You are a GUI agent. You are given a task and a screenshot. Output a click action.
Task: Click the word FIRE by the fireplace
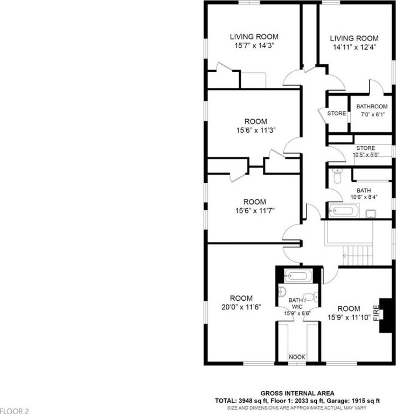[x=376, y=313]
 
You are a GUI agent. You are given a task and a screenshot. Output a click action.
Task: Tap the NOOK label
[x=297, y=357]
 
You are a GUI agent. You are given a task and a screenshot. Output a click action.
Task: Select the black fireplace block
[x=385, y=315]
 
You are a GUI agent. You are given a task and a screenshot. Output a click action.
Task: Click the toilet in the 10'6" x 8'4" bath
[x=337, y=176]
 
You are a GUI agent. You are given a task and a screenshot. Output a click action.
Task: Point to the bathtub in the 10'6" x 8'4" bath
[x=344, y=211]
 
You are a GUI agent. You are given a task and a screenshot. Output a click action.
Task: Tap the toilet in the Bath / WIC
[x=311, y=297]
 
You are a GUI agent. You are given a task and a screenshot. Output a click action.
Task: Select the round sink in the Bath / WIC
[x=282, y=292]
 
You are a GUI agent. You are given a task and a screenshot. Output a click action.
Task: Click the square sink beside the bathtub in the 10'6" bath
[x=371, y=213]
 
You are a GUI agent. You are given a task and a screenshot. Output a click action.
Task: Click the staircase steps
[x=358, y=256]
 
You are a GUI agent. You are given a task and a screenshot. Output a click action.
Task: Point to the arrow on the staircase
[x=345, y=256]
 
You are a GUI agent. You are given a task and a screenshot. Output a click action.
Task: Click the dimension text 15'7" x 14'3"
[x=254, y=46]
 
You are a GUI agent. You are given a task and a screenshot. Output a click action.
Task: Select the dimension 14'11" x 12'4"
[x=355, y=47]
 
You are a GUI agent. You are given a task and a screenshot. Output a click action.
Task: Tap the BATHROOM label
[x=372, y=106]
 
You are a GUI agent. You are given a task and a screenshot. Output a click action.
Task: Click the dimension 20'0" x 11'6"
[x=241, y=307]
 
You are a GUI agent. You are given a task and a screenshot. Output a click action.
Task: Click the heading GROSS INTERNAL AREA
[x=297, y=394]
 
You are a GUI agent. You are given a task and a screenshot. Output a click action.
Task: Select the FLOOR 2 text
[x=14, y=411]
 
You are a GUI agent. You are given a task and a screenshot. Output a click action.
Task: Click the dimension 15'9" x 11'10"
[x=349, y=318]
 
